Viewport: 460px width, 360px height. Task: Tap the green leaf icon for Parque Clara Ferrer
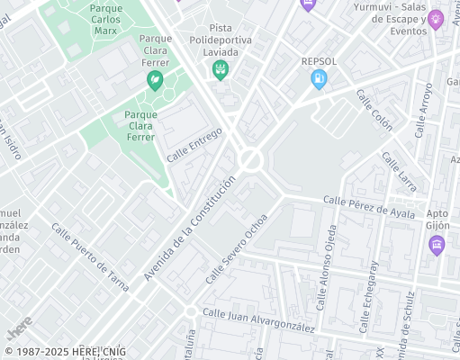[x=155, y=81]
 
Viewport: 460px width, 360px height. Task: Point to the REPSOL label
[x=318, y=61]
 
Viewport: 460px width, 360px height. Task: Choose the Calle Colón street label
[x=374, y=109]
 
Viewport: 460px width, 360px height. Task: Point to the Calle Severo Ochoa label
[x=237, y=248]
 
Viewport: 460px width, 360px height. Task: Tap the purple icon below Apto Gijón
[x=437, y=245]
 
